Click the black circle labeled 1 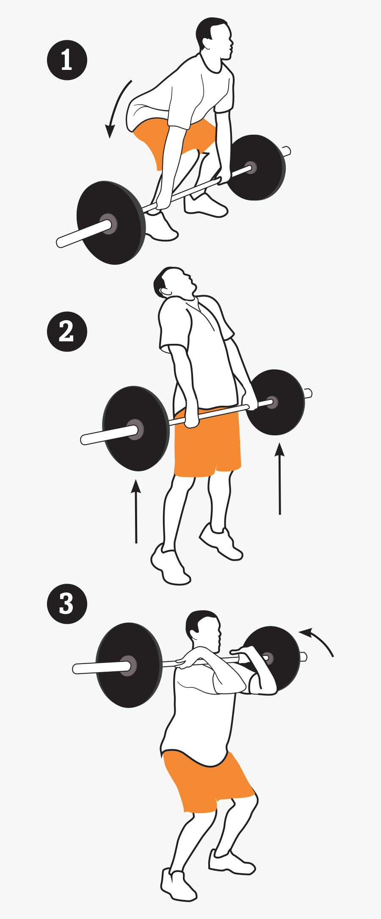[67, 60]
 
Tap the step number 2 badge [67, 331]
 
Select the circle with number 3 [67, 603]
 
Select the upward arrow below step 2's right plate [279, 479]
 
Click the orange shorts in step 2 [207, 445]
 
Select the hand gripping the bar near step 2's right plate [251, 400]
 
